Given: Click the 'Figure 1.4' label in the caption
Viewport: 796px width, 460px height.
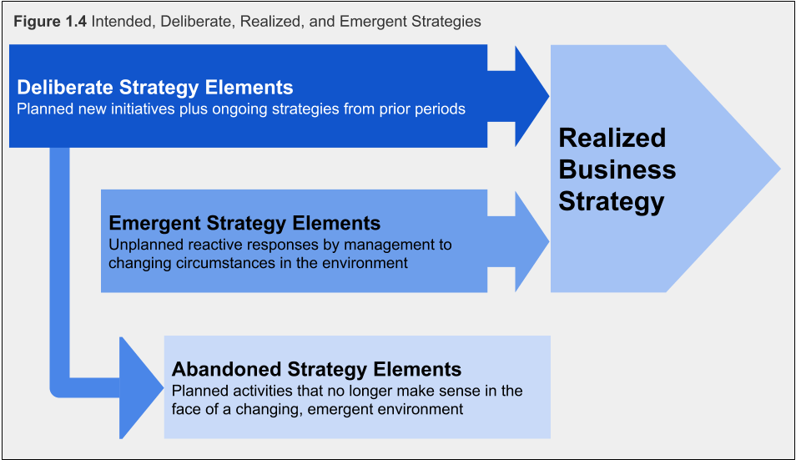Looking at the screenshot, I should [50, 20].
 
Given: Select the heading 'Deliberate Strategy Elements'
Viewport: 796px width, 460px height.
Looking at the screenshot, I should [155, 88].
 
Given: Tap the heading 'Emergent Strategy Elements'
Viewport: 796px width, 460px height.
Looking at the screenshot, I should [244, 224].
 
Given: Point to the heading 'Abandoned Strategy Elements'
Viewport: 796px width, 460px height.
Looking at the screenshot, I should [316, 369].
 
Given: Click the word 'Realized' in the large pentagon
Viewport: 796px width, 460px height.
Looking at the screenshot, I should [612, 138].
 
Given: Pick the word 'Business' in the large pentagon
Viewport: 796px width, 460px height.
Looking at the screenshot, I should [617, 169].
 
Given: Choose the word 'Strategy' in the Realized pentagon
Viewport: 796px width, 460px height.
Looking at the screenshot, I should [611, 201].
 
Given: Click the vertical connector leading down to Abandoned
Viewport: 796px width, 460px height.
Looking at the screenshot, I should [59, 267].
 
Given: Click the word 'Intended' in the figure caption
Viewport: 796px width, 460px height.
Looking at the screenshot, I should [120, 20].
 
